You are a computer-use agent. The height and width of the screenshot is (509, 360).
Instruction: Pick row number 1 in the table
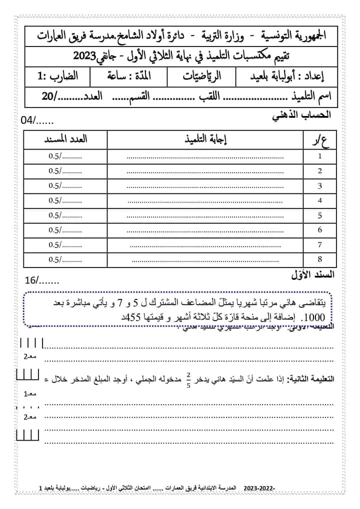[320, 156]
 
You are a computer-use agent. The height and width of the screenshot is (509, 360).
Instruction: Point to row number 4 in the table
[320, 200]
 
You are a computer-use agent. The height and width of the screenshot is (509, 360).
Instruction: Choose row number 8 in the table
[320, 259]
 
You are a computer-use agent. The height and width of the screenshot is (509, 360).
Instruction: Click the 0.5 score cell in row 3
[65, 185]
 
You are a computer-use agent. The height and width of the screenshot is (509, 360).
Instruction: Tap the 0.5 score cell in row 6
[65, 230]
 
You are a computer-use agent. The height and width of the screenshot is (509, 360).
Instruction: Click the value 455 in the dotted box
[130, 317]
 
